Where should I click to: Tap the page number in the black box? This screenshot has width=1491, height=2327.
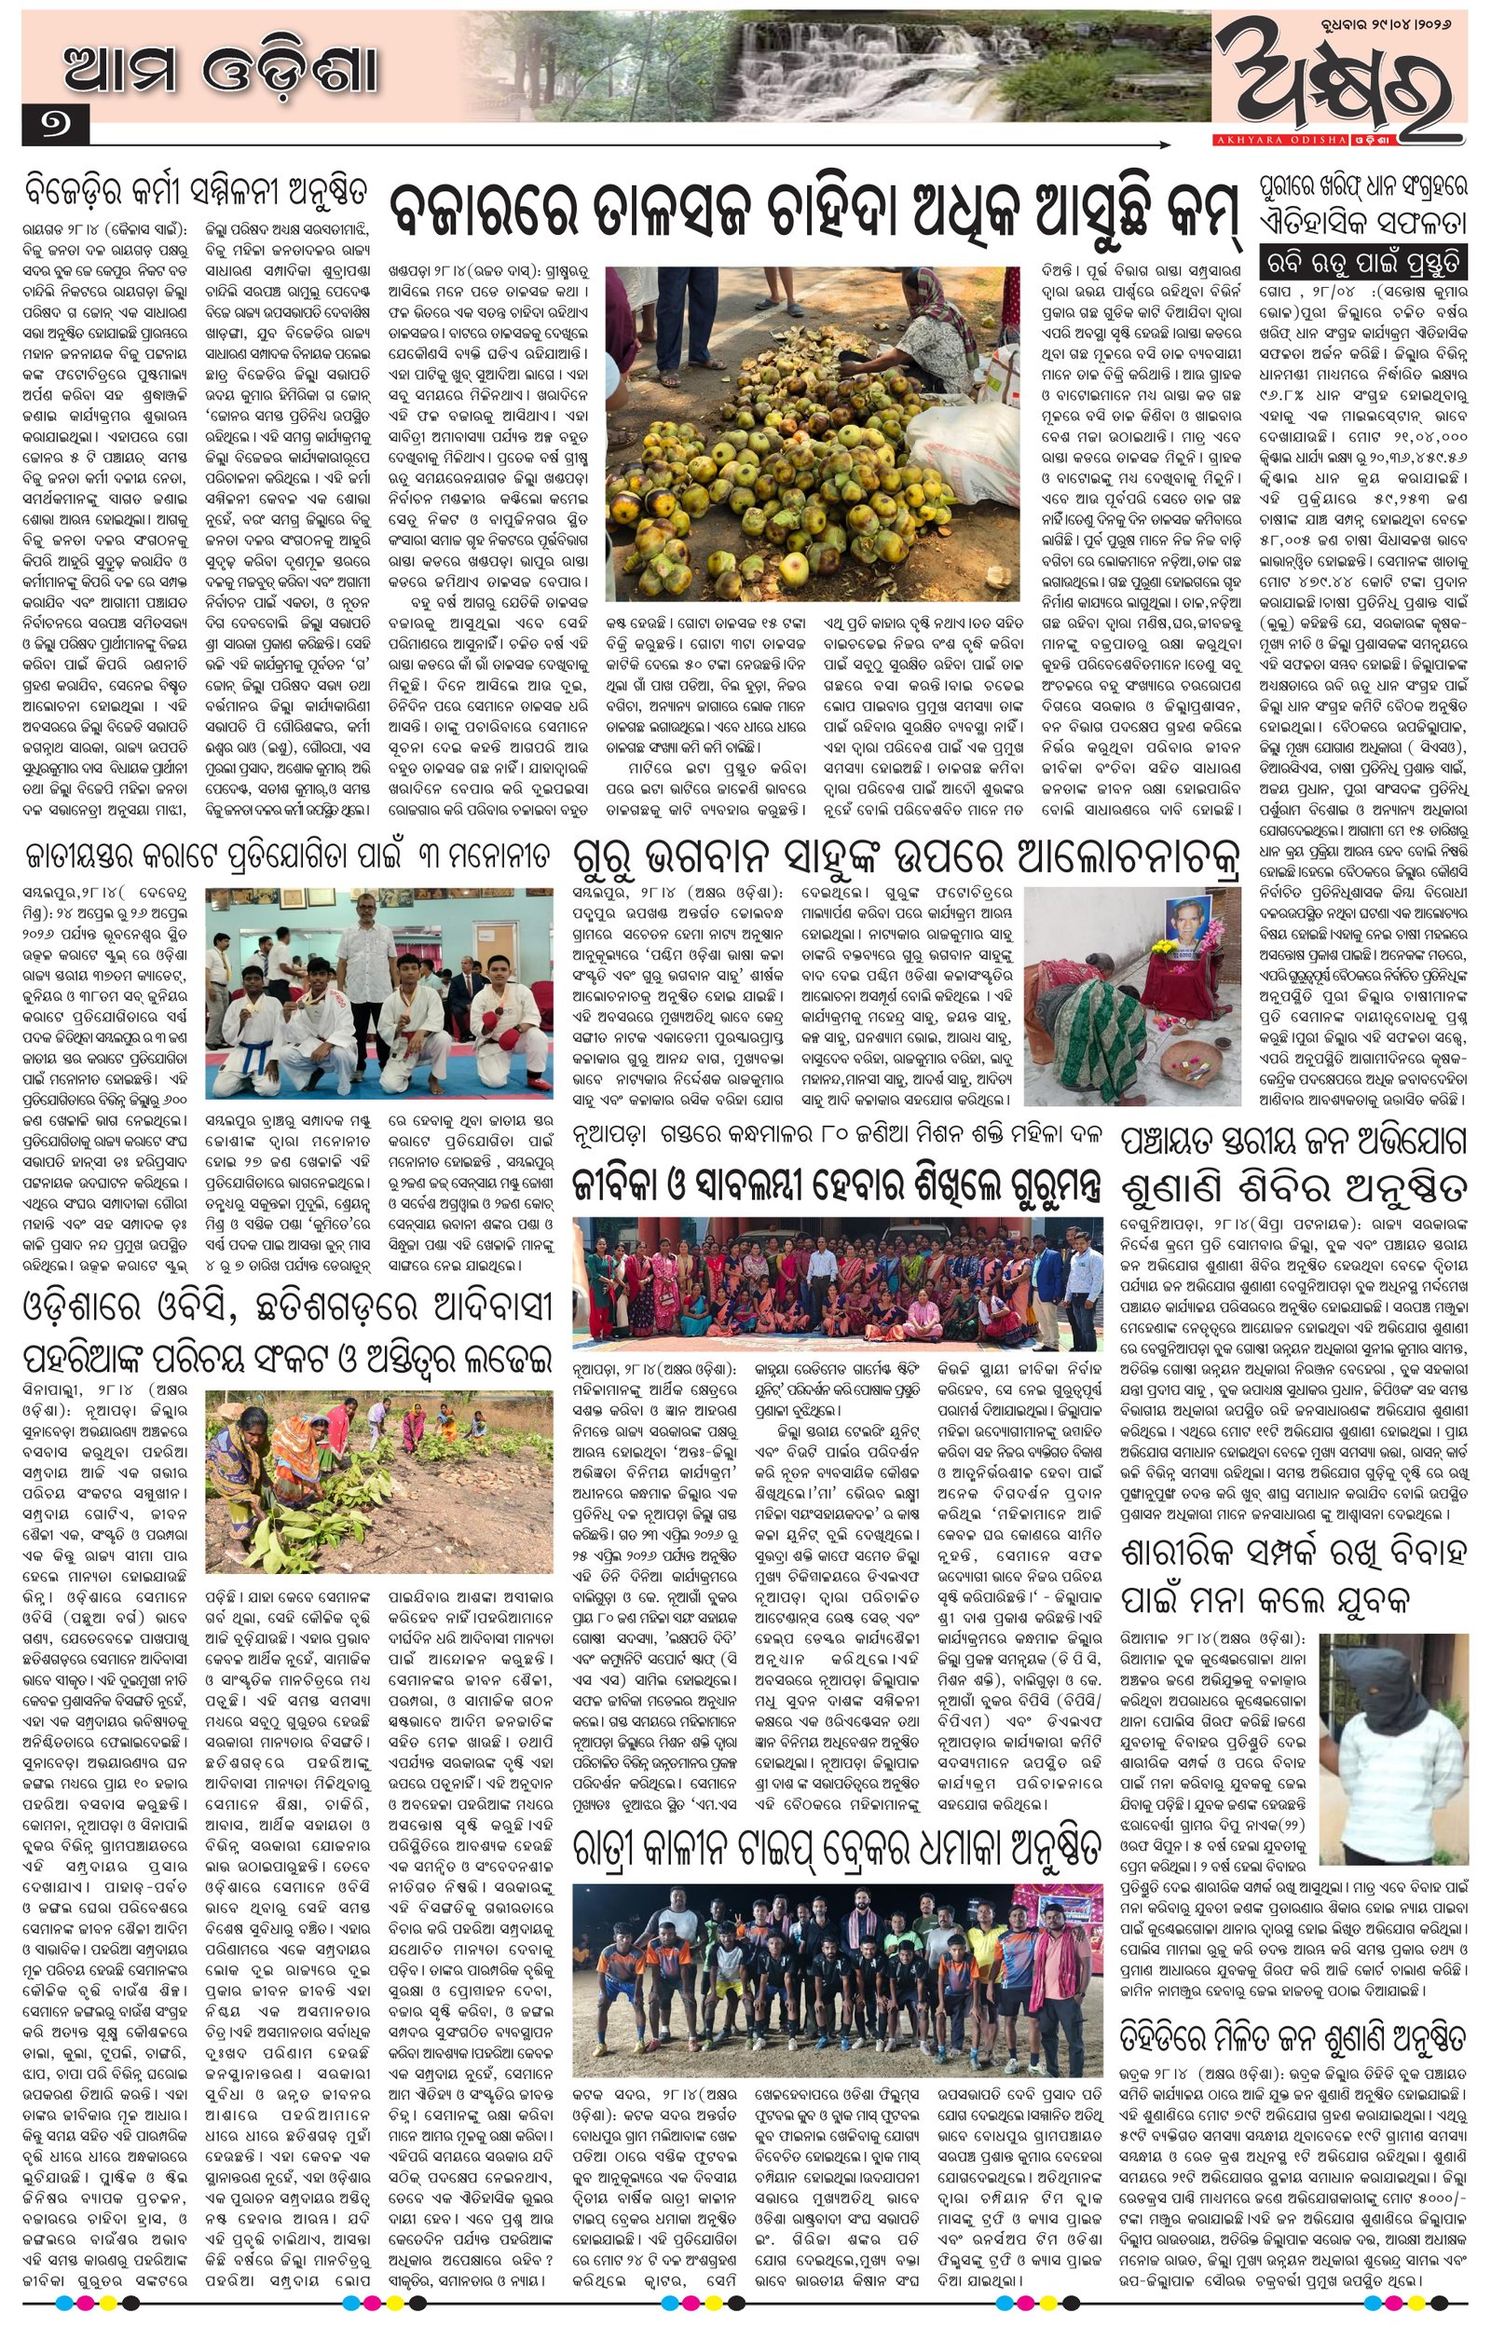(x=53, y=127)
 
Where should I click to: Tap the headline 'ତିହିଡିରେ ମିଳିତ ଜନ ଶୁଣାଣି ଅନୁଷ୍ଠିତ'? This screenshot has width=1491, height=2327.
(x=1292, y=2029)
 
